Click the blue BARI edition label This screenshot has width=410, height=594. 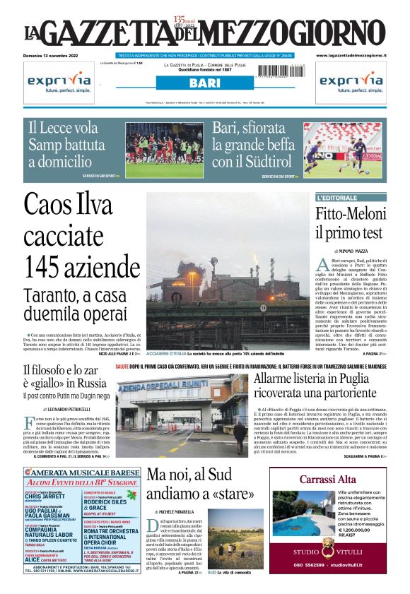[204, 83]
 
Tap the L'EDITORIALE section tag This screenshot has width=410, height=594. [338, 198]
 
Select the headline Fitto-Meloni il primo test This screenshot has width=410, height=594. [349, 222]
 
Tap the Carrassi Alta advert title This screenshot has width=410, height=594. [327, 480]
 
